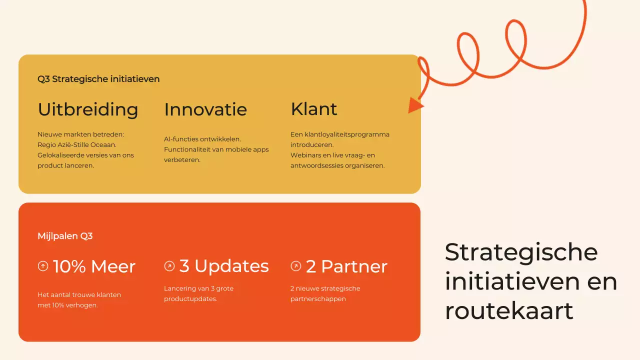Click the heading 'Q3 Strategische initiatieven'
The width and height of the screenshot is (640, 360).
(x=98, y=79)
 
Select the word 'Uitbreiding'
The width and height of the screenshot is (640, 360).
(x=88, y=109)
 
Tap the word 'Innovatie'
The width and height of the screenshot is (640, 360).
(x=205, y=109)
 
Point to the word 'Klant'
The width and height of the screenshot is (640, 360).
(x=313, y=109)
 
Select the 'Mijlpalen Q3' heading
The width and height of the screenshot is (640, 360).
(x=65, y=236)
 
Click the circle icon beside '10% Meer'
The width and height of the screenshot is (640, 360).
(x=43, y=266)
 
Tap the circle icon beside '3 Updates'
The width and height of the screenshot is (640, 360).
(x=169, y=266)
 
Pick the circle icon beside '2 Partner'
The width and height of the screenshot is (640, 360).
(x=295, y=266)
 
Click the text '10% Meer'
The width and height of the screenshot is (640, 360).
(x=94, y=266)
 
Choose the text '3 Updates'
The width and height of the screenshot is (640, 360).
(x=224, y=266)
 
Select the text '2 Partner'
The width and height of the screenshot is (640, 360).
(x=346, y=266)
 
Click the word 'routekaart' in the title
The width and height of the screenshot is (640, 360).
(x=509, y=311)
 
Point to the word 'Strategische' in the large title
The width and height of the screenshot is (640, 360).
(x=521, y=252)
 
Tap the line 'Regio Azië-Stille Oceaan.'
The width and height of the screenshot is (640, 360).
(x=77, y=145)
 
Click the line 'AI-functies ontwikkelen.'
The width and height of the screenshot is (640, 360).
(x=202, y=139)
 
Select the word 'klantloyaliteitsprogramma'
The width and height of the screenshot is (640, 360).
(x=347, y=134)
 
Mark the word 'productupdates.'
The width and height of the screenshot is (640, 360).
(x=190, y=299)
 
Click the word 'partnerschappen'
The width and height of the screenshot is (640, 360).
(x=318, y=299)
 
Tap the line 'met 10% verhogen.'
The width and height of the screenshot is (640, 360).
(x=67, y=305)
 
